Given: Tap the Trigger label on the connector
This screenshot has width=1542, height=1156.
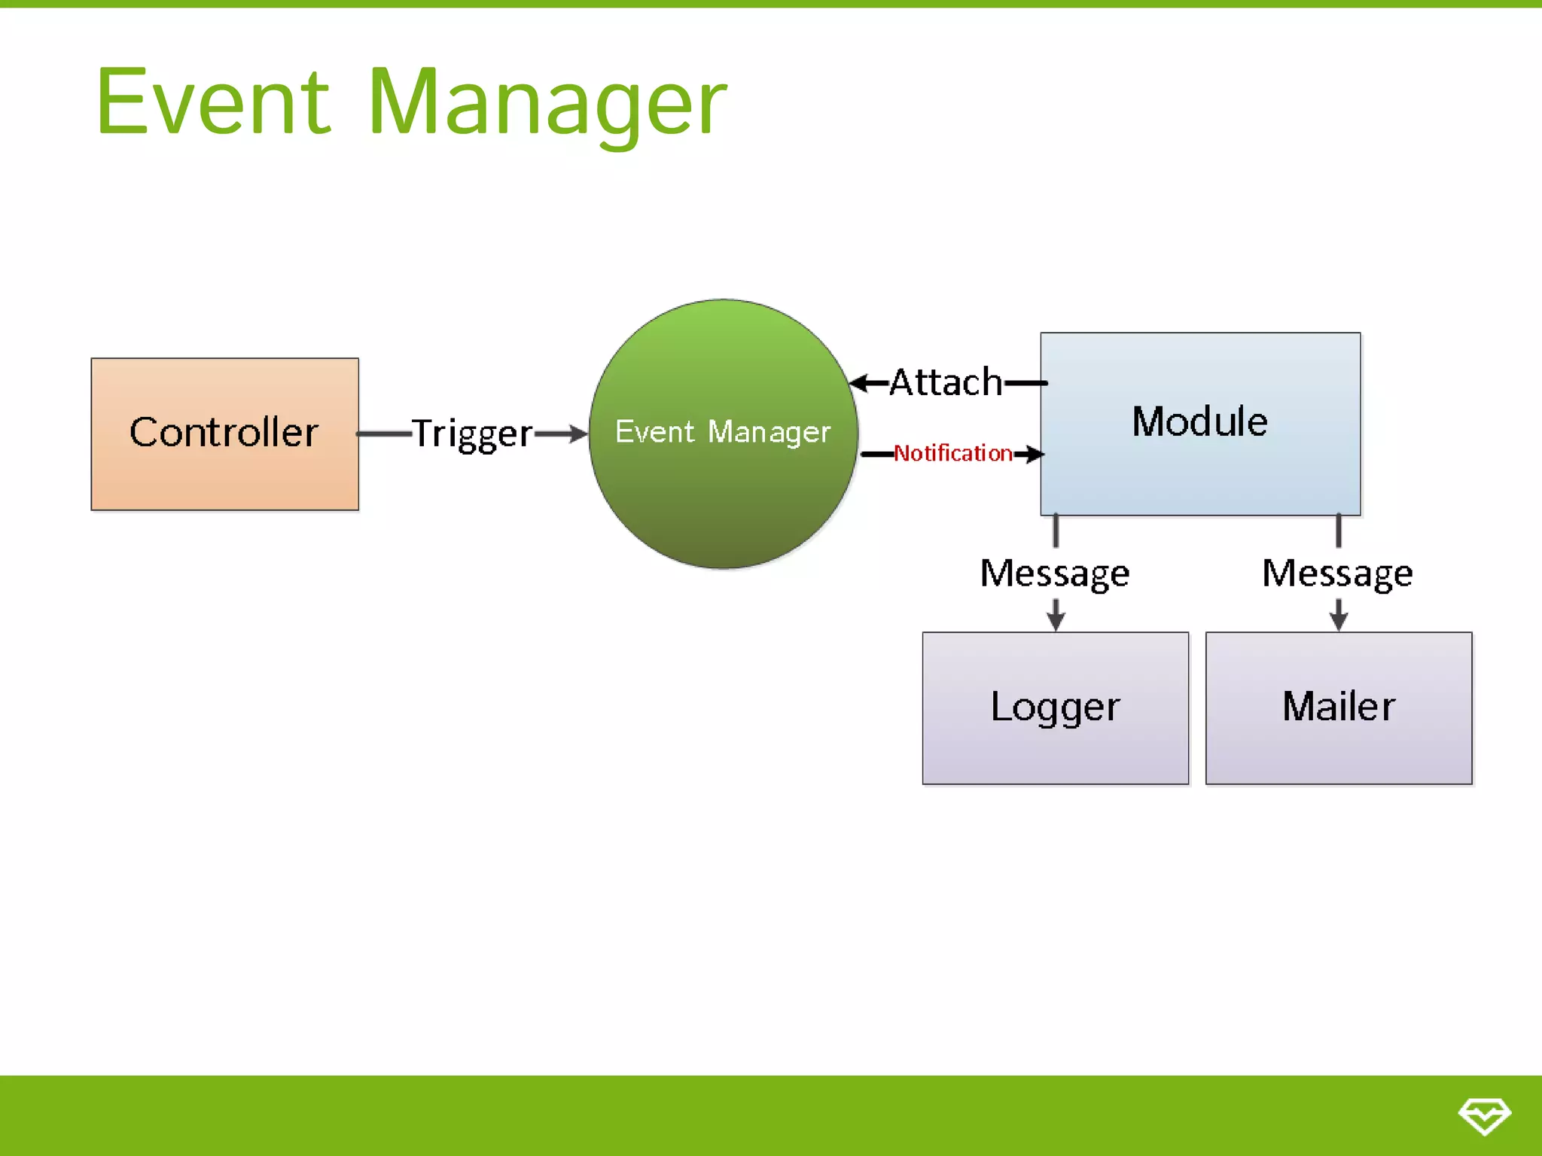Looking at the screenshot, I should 472,434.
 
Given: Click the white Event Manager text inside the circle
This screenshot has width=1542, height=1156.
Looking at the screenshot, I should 722,432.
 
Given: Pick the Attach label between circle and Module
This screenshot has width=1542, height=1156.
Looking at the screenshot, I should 946,382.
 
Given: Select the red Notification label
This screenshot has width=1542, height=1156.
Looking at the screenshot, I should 952,453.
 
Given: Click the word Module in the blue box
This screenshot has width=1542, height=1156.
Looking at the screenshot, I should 1199,421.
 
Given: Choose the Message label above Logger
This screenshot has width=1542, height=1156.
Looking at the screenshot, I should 1054,573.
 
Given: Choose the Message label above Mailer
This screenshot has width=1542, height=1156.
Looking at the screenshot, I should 1337,573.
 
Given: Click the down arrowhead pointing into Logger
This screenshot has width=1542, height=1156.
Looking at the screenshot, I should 1056,621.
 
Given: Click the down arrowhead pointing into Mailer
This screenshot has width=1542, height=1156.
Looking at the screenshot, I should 1338,621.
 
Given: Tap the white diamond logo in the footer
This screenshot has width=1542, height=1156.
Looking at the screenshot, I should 1484,1115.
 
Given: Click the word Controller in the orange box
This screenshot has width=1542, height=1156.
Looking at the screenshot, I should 224,433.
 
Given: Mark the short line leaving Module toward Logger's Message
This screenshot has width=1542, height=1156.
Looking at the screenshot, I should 1056,531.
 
